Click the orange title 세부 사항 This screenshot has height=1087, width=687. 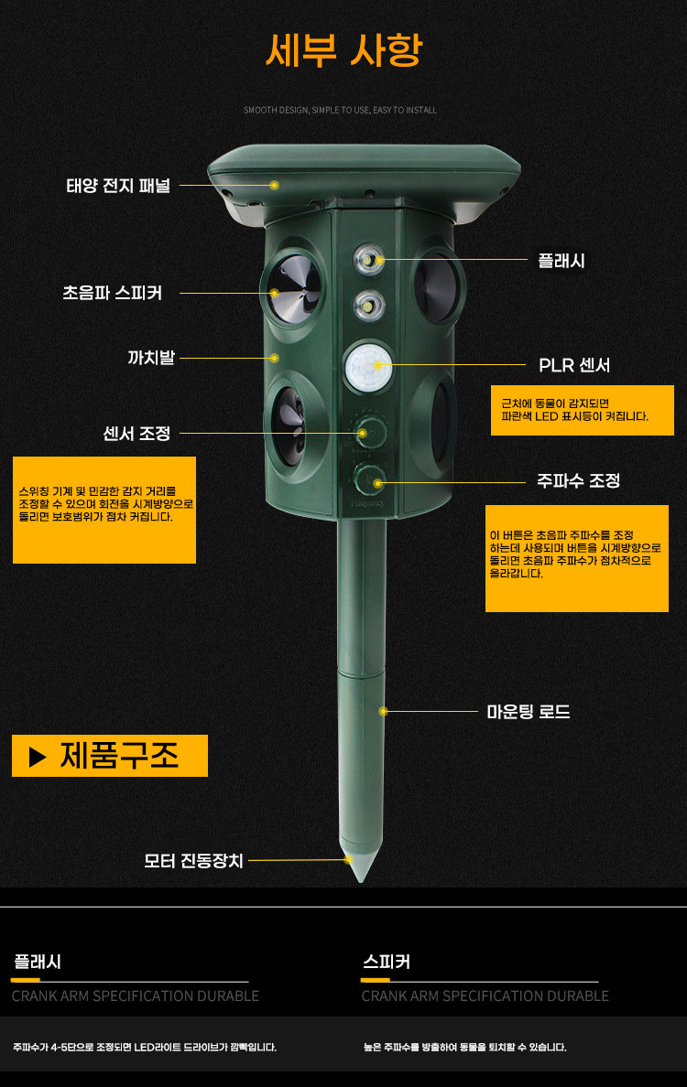point(343,50)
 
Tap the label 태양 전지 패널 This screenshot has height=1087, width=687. point(118,186)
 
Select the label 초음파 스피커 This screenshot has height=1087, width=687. point(113,293)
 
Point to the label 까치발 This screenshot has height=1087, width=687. point(150,358)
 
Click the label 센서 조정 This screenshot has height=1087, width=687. point(136,434)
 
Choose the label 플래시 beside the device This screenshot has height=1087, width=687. point(562,261)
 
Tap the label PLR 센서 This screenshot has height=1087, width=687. point(574,365)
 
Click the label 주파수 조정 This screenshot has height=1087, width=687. point(578,480)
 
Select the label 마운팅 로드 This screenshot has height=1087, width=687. point(529,711)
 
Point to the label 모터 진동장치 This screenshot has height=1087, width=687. point(193,860)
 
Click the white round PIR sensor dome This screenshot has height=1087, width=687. point(368,365)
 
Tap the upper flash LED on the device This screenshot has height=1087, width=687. point(369,260)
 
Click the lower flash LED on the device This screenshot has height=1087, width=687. point(369,305)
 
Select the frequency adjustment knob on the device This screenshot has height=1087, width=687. point(369,479)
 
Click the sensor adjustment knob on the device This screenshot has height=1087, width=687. point(370,432)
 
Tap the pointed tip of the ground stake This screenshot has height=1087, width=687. point(361,880)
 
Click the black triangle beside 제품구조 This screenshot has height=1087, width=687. point(38,757)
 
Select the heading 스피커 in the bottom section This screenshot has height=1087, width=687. point(387,962)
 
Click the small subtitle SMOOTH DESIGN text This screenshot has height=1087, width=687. point(340,110)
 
